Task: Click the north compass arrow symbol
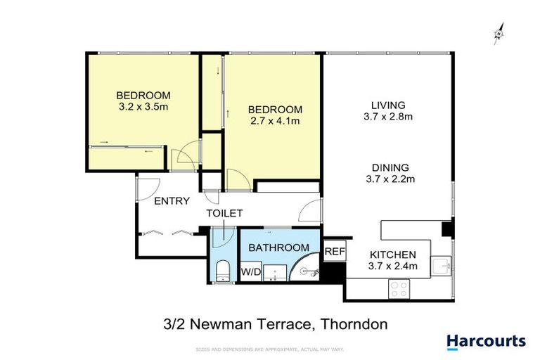pyautogui.click(x=498, y=34)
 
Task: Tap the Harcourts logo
pyautogui.click(x=486, y=341)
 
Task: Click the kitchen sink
pyautogui.click(x=442, y=264)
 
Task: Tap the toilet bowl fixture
pyautogui.click(x=222, y=271)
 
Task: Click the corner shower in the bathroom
pyautogui.click(x=309, y=268)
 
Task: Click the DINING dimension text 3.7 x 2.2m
pyautogui.click(x=390, y=179)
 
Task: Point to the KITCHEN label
pyautogui.click(x=393, y=255)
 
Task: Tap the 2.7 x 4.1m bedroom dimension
pyautogui.click(x=275, y=121)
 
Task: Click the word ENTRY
pyautogui.click(x=172, y=201)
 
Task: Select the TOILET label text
pyautogui.click(x=224, y=213)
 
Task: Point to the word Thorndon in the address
pyautogui.click(x=354, y=324)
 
